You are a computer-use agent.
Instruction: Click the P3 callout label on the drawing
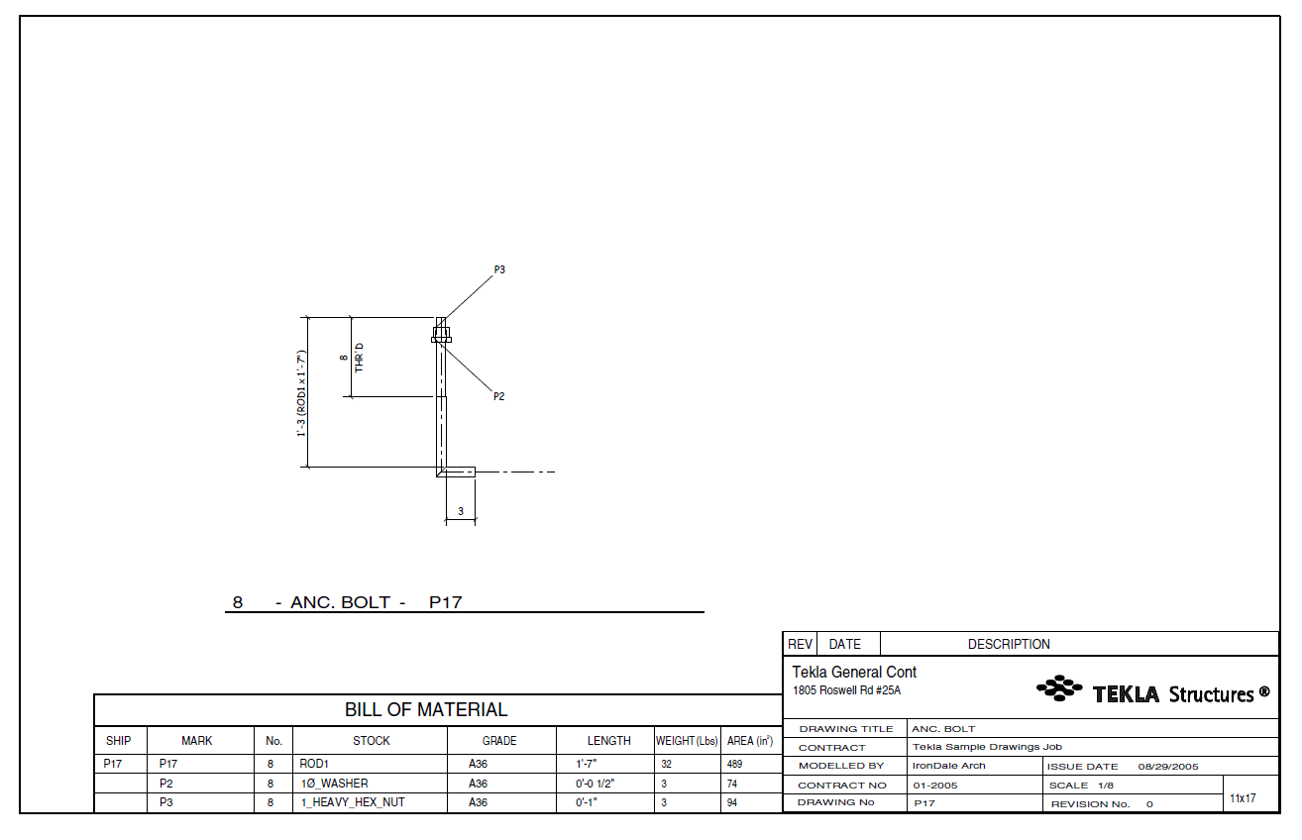pyautogui.click(x=499, y=269)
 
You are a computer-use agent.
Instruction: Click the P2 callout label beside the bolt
pyautogui.click(x=499, y=396)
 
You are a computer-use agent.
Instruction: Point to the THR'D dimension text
pyautogui.click(x=360, y=358)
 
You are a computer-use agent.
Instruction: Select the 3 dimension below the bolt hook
pyautogui.click(x=460, y=511)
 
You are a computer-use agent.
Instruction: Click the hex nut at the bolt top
pyautogui.click(x=441, y=330)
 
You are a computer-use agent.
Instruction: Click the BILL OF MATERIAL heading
pyautogui.click(x=426, y=709)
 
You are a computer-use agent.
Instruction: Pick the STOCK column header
pyautogui.click(x=372, y=741)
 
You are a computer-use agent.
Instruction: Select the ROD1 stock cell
pyautogui.click(x=314, y=765)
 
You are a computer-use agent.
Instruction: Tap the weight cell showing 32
pyautogui.click(x=667, y=765)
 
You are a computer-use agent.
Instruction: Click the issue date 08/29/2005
pyautogui.click(x=1168, y=766)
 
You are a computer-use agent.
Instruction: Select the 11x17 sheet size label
pyautogui.click(x=1243, y=797)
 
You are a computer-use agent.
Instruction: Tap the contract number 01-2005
pyautogui.click(x=934, y=785)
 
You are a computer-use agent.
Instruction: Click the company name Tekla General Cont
pyautogui.click(x=854, y=673)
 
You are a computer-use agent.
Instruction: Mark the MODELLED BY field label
pyautogui.click(x=840, y=766)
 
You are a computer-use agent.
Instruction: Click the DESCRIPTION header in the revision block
pyautogui.click(x=1009, y=644)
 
